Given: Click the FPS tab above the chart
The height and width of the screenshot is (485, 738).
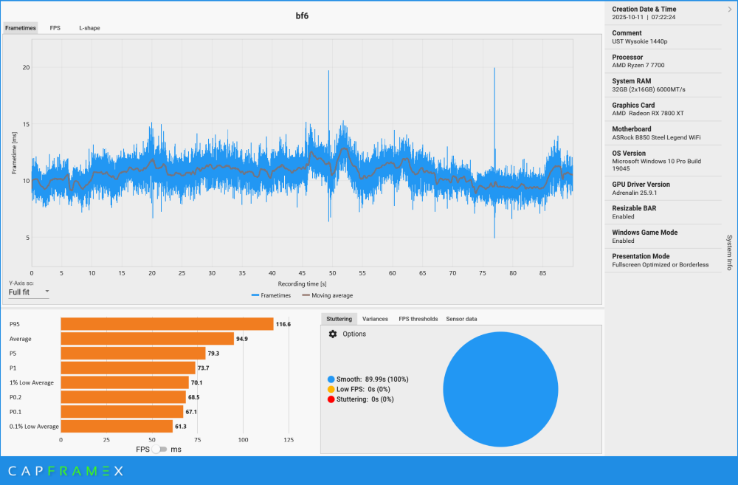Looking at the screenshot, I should coord(55,28).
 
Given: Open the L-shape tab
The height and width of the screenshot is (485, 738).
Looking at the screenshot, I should coord(89,28).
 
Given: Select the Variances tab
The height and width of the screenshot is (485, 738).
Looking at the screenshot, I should coord(375,319).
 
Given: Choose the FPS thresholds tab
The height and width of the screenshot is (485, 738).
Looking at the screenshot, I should coord(418,319).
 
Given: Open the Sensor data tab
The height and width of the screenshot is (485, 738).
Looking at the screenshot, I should coord(461,319).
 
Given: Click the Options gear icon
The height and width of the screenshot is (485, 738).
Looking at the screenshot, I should coord(333,334).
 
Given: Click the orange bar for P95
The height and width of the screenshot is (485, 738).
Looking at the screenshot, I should coord(167,324).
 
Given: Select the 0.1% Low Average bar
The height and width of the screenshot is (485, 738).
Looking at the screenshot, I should coord(117,426).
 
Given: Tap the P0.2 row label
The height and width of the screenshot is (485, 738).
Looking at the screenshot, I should coord(15,397).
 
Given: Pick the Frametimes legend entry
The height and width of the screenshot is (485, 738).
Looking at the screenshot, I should coord(271,295).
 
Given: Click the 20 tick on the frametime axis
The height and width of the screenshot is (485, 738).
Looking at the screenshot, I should coord(26,67).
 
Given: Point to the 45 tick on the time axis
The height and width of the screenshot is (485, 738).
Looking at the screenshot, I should coord(303,273).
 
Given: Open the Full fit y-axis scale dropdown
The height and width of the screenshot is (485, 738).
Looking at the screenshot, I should coord(29,292).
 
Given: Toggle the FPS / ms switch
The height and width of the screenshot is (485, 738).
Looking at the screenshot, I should coord(159,449).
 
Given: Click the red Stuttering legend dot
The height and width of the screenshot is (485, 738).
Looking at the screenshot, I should coord(331,399).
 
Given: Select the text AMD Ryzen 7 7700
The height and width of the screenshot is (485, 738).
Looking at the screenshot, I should coord(639,66).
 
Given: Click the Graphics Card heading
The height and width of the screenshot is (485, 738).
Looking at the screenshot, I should coord(633,105).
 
